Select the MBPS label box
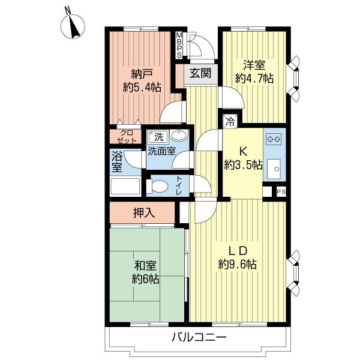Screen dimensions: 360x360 click(179, 45)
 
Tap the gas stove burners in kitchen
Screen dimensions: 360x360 click(274, 139)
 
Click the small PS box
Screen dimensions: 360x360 click(280, 191)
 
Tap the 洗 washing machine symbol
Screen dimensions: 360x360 click(157, 136)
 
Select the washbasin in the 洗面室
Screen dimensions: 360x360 click(178, 137)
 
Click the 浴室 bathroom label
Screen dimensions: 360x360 click(117, 161)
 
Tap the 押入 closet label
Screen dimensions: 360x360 click(143, 212)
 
